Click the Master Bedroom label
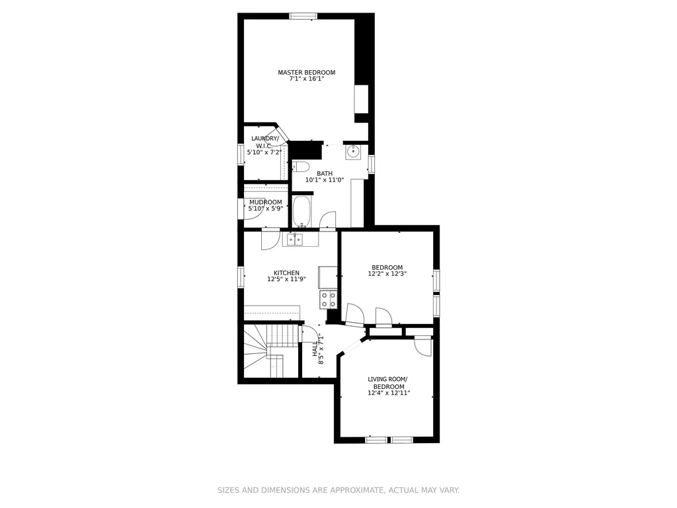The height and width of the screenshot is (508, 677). click(307, 72)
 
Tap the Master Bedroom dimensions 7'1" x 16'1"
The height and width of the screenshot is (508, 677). click(307, 79)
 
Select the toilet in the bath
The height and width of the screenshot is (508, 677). click(301, 167)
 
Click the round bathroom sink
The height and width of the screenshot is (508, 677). click(353, 151)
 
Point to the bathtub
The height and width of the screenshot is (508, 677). click(301, 211)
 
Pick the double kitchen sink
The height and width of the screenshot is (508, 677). click(296, 239)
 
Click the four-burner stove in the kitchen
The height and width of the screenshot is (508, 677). click(328, 300)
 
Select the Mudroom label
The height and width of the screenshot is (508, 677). click(266, 202)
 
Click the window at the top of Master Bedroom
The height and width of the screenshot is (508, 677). click(303, 17)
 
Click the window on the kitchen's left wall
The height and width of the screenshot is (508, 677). click(241, 277)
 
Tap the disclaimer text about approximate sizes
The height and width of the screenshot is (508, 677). click(338, 490)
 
